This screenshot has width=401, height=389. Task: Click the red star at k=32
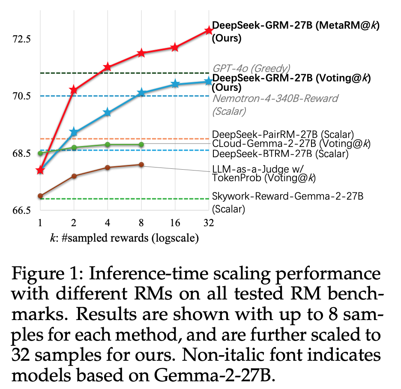[x=209, y=30]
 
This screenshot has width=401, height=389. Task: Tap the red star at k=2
[x=74, y=90]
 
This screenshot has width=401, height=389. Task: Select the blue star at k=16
[x=175, y=84]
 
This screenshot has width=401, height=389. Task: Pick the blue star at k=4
[x=108, y=113]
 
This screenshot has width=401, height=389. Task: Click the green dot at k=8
[x=141, y=144]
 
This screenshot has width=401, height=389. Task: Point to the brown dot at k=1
[x=40, y=196]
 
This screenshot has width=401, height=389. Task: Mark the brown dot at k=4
[x=108, y=167]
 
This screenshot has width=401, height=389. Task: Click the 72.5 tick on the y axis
[x=21, y=39]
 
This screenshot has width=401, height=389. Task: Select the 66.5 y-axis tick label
[x=21, y=210]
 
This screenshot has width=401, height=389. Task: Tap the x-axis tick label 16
[x=175, y=223]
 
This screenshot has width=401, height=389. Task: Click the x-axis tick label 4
[x=108, y=223]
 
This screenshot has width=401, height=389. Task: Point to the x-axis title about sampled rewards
[x=124, y=238]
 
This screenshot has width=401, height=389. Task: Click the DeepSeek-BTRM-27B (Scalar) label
[x=280, y=153]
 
